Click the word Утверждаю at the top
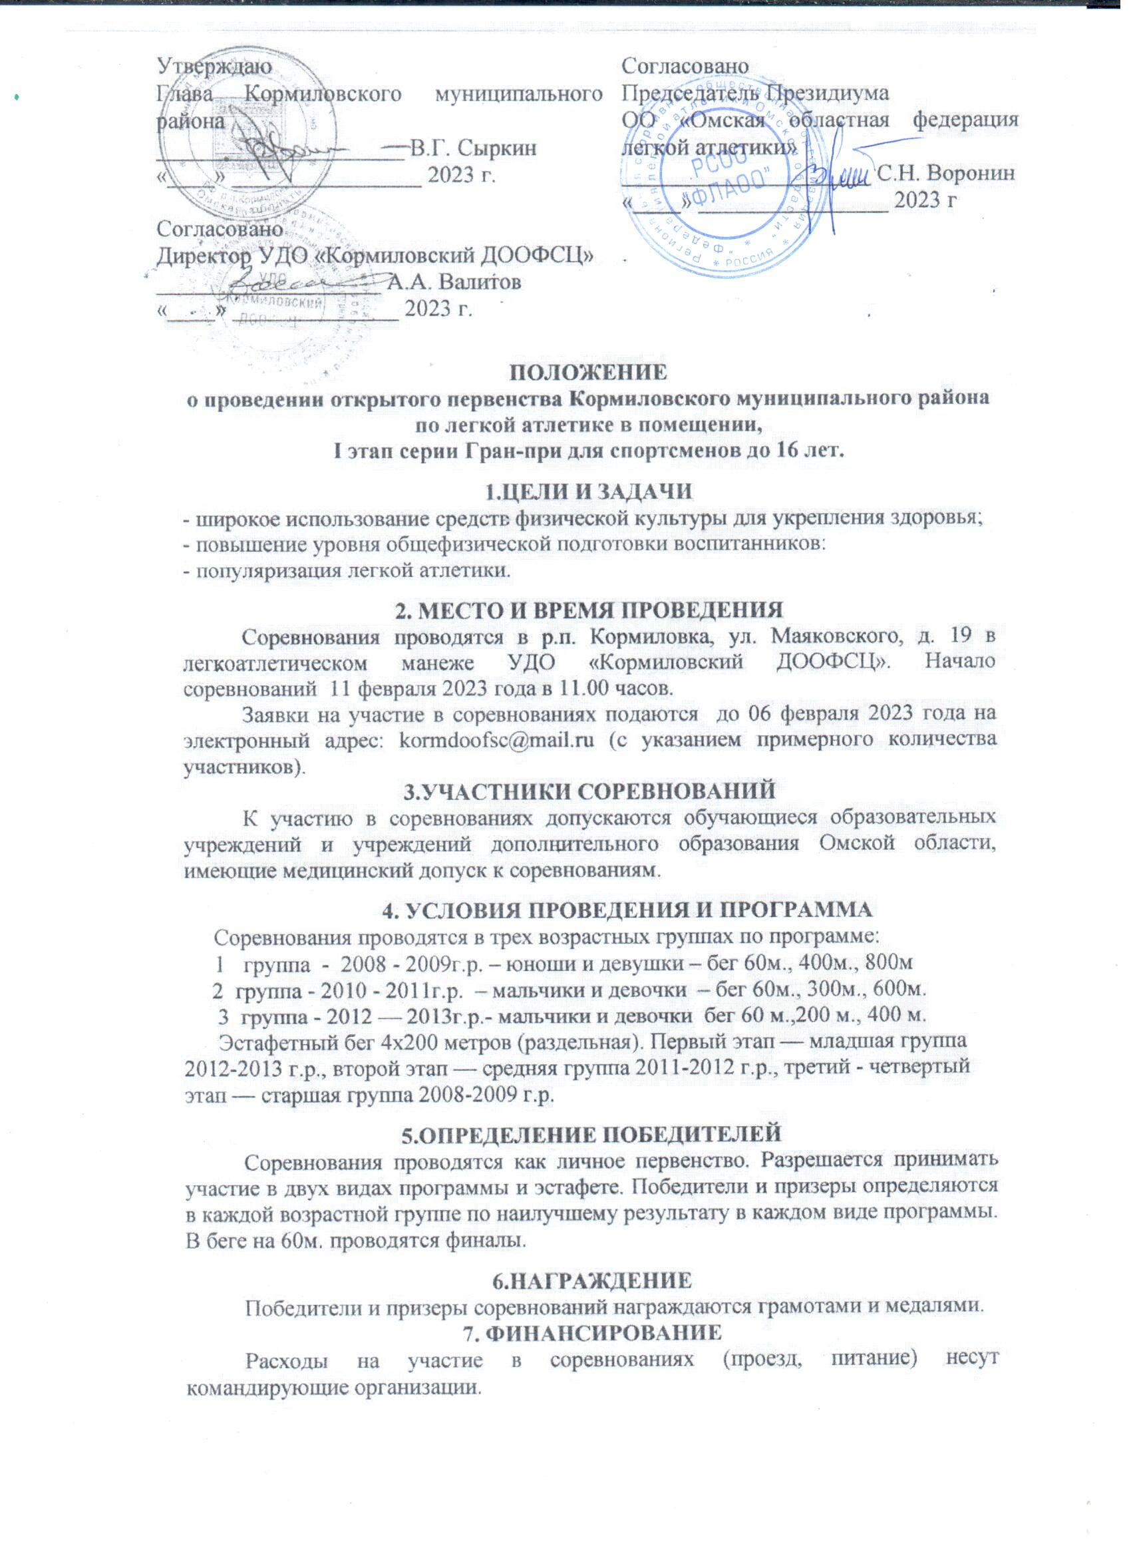[214, 67]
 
